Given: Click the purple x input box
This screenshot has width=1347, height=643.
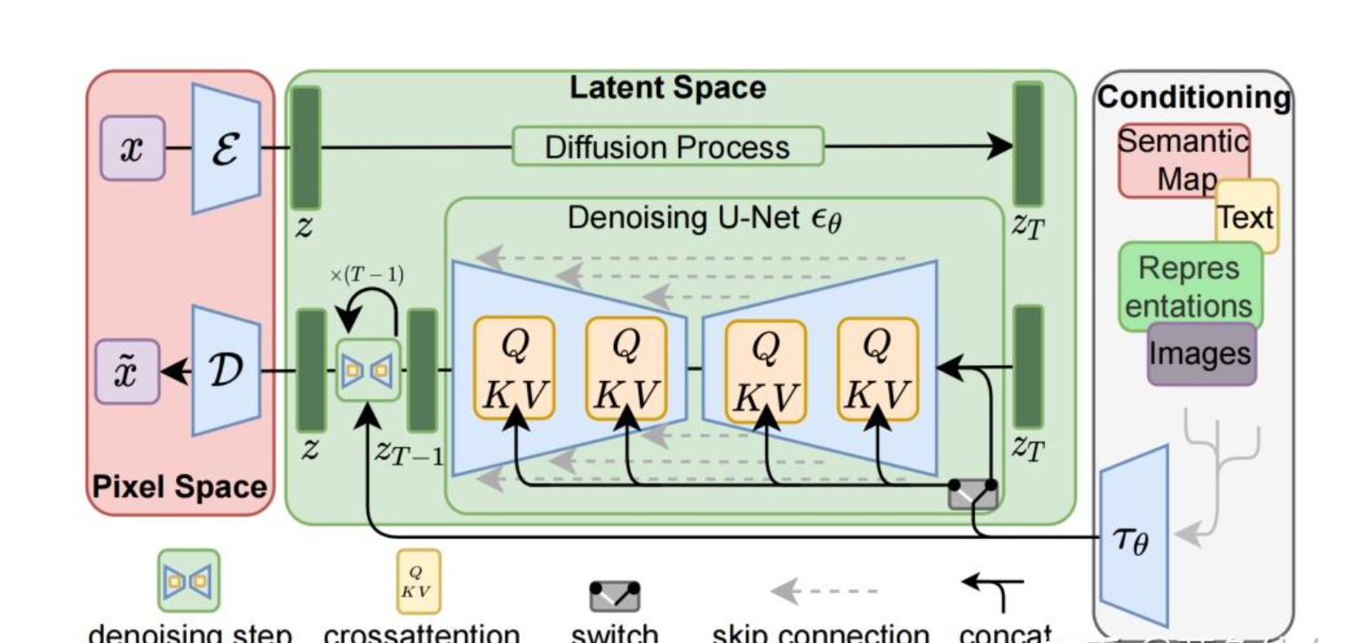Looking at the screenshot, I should [x=132, y=148].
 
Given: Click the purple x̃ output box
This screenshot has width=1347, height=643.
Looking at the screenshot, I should [x=128, y=370].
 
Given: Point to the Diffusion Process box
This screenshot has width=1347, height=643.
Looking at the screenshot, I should [x=667, y=147].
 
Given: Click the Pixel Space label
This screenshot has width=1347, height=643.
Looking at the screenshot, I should [x=180, y=488].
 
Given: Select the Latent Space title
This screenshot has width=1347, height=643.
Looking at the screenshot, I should [x=666, y=88].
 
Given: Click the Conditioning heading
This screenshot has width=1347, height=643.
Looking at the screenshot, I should [x=1193, y=98].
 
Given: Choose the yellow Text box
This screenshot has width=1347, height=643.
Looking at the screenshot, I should [x=1247, y=216].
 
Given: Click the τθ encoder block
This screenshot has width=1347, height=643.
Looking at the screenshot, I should [x=1134, y=536].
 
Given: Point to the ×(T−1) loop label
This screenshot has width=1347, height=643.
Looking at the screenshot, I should [x=366, y=274].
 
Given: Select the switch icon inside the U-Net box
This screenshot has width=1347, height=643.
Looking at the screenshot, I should [x=973, y=493].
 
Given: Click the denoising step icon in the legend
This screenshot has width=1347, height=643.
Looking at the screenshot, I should [x=188, y=581].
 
